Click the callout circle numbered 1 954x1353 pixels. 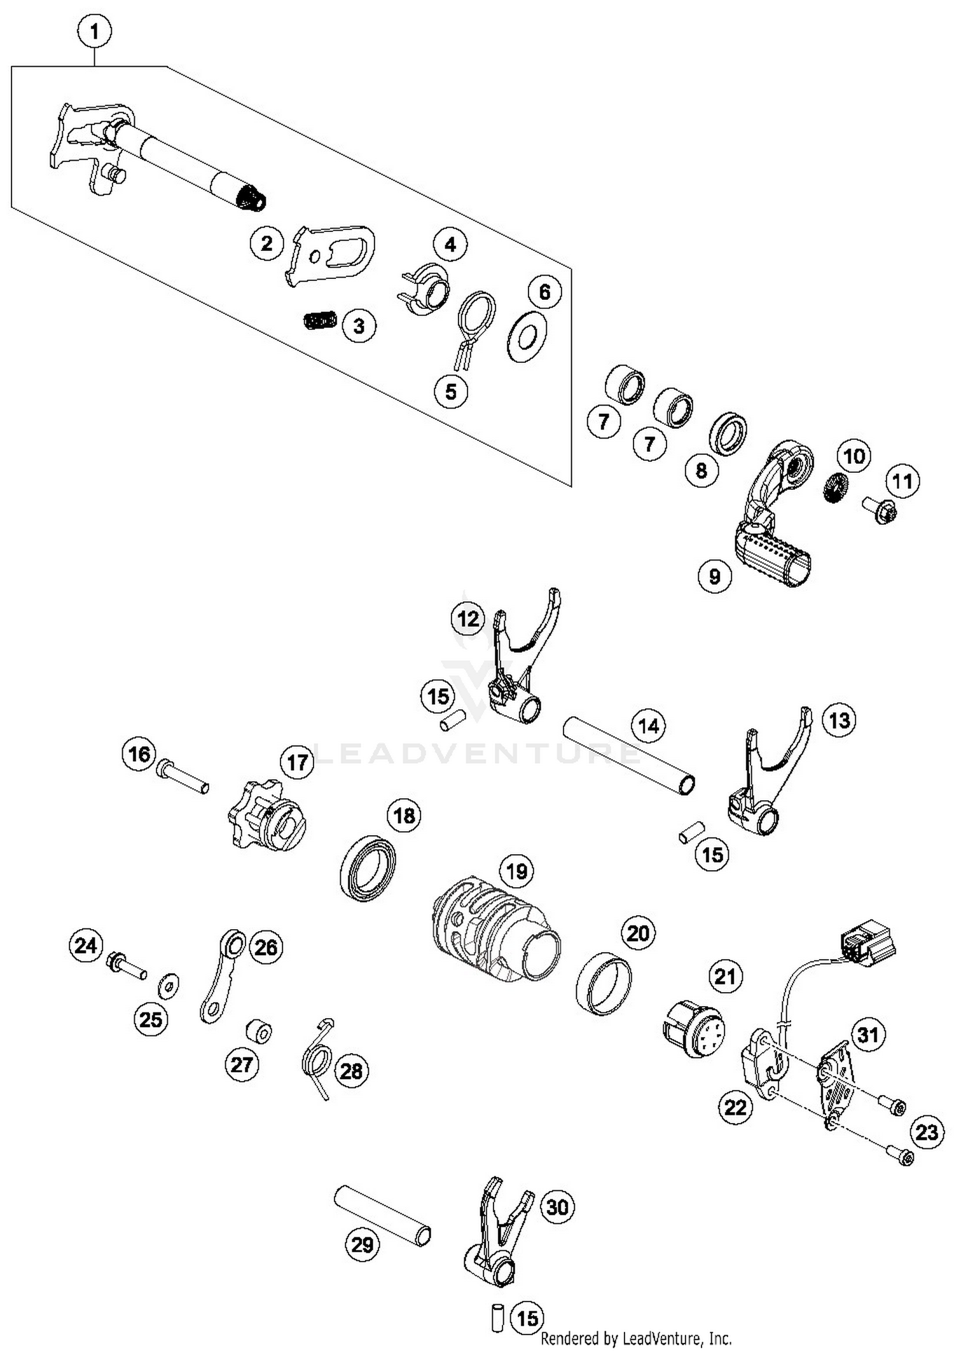click(95, 31)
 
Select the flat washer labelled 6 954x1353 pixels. click(527, 337)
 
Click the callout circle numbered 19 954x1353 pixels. click(516, 871)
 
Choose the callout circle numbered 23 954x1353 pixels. click(927, 1132)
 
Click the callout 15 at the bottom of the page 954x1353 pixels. click(527, 1318)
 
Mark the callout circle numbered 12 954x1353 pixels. click(468, 618)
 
